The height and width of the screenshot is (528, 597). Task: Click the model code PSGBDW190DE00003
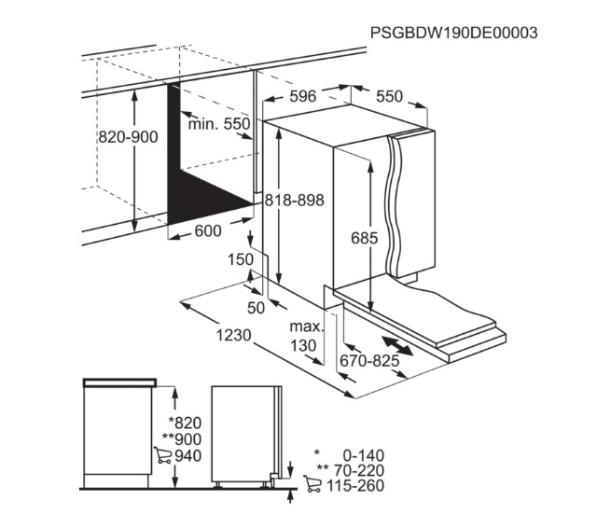click(x=454, y=33)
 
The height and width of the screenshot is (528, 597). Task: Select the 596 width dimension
click(x=302, y=96)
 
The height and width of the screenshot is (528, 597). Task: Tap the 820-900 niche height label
click(x=129, y=136)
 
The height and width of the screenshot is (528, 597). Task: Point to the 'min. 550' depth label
click(x=219, y=124)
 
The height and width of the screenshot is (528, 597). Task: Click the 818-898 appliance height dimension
click(x=295, y=200)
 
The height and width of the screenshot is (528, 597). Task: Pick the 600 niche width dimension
click(x=208, y=230)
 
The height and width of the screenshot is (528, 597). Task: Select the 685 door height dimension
click(x=365, y=238)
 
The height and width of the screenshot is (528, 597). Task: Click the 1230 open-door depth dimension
click(x=234, y=335)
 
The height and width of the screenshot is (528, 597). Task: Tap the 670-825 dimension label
click(x=369, y=360)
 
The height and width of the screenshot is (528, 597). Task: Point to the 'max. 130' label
click(x=305, y=336)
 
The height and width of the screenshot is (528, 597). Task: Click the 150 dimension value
click(x=241, y=259)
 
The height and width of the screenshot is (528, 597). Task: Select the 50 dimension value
click(x=256, y=308)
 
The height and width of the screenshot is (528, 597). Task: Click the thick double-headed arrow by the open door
click(x=397, y=346)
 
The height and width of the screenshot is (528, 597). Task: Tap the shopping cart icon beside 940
click(x=162, y=455)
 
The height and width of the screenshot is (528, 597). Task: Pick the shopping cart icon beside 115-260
click(x=312, y=483)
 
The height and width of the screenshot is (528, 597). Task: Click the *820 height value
click(x=185, y=423)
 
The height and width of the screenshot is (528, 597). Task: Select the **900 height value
click(x=182, y=439)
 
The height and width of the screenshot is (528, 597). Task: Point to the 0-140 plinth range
click(x=364, y=455)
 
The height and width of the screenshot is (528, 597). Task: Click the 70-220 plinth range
click(x=359, y=470)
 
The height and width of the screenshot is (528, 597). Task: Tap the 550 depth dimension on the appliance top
click(x=389, y=96)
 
